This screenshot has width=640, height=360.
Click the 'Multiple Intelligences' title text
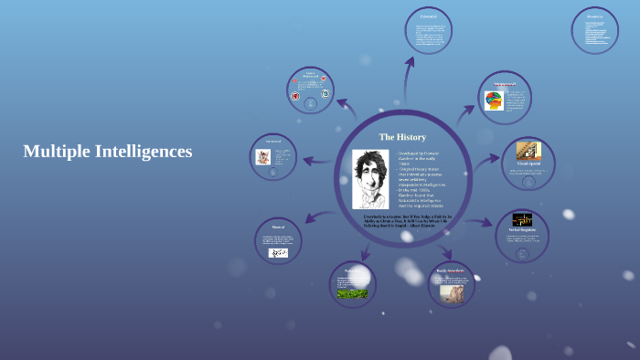(x=107, y=152)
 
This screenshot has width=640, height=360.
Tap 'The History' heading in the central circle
(x=402, y=137)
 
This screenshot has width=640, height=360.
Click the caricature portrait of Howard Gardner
(x=370, y=178)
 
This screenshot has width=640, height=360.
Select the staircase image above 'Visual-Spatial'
(x=528, y=152)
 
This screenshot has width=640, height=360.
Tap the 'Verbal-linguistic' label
(x=522, y=229)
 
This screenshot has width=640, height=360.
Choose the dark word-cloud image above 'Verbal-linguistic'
(x=522, y=219)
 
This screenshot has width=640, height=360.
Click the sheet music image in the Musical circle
(x=278, y=252)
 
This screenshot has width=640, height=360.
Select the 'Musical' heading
(x=278, y=227)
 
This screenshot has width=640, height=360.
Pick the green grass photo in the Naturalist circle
(x=352, y=293)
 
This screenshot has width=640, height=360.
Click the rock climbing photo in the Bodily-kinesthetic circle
(x=452, y=291)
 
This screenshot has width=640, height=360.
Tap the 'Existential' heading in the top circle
(x=428, y=17)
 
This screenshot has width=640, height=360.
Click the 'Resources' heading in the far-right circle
(x=594, y=16)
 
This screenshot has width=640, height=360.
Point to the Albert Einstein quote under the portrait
(x=402, y=221)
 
